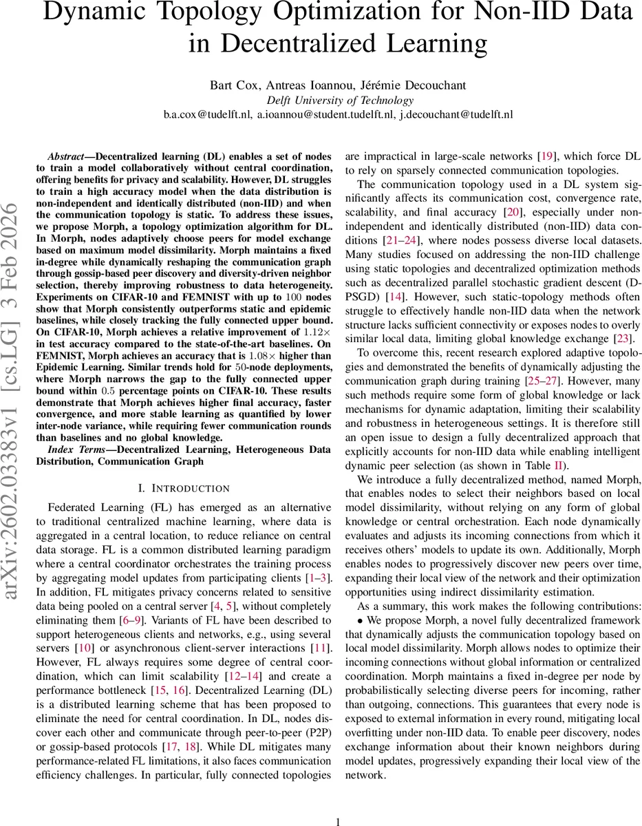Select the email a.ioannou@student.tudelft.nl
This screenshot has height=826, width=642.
tap(328, 114)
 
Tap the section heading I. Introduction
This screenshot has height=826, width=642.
tap(184, 489)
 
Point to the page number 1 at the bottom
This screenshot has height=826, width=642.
tap(337, 821)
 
